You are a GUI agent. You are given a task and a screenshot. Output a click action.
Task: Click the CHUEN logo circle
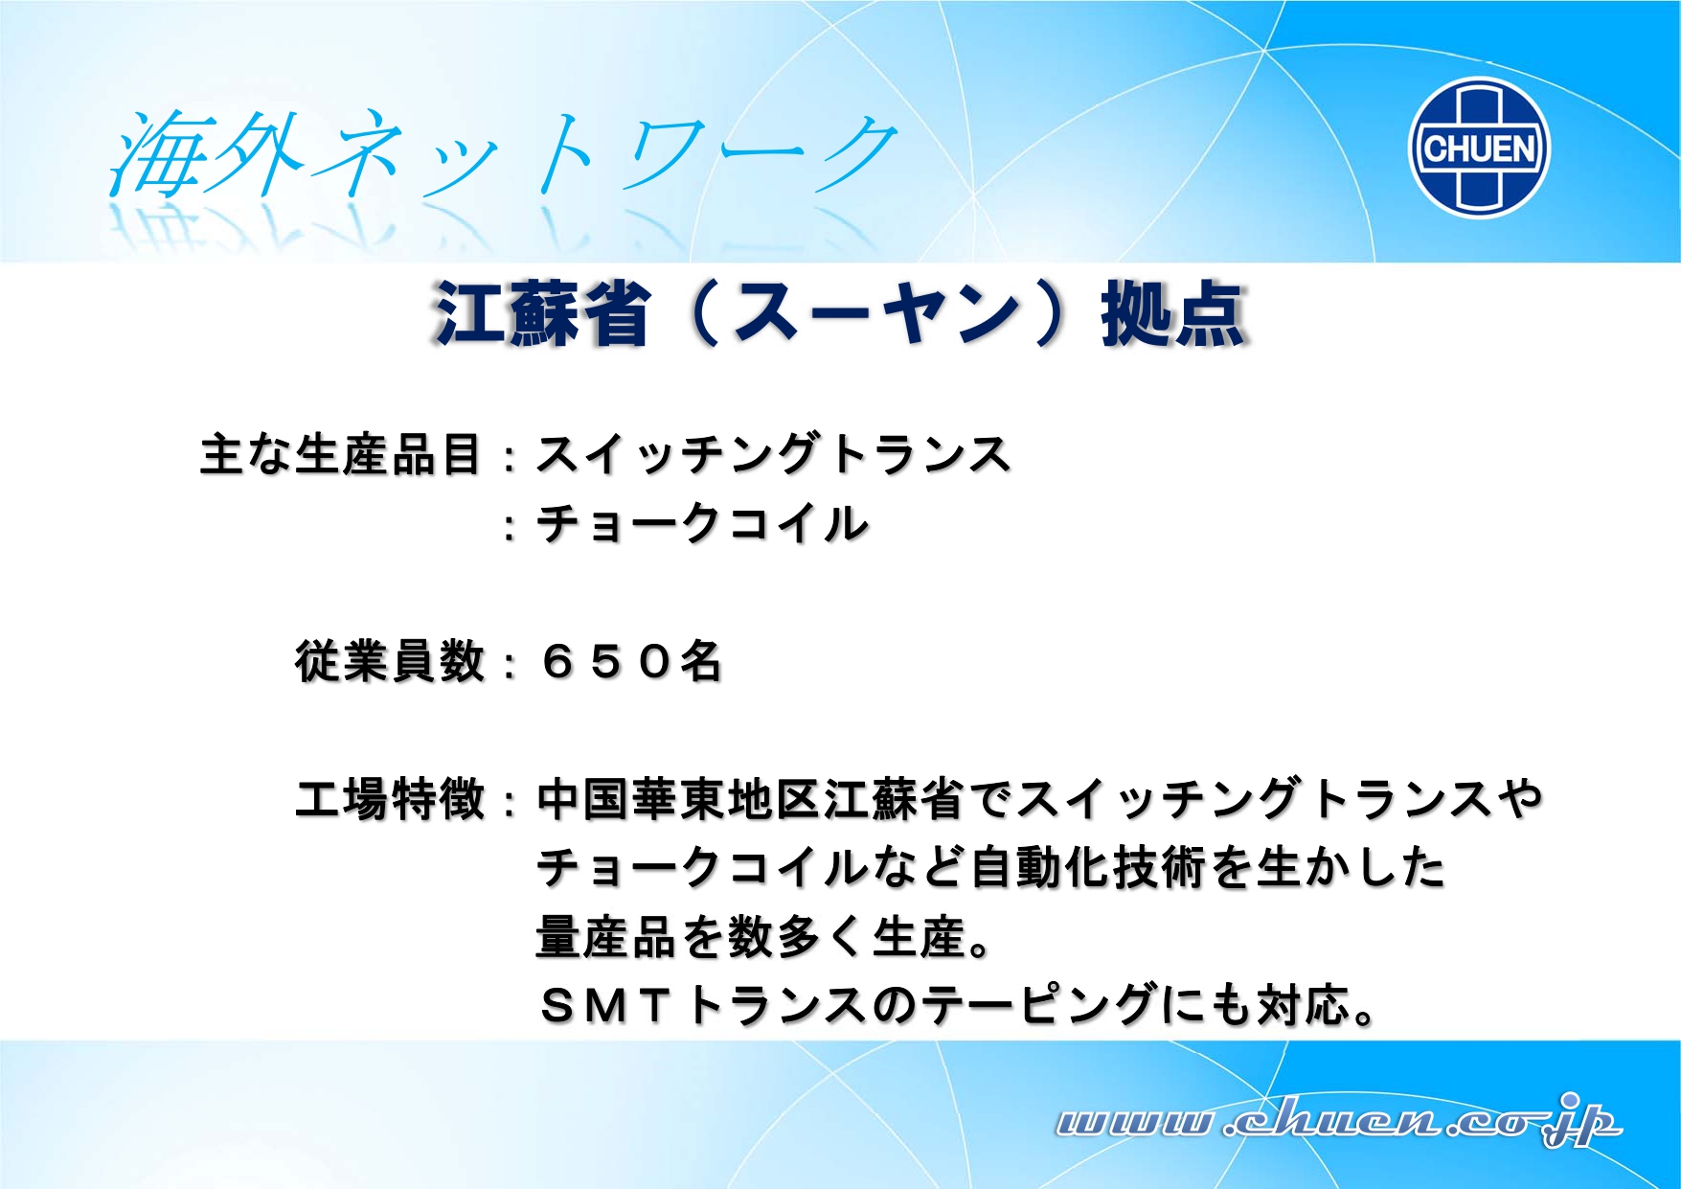coord(1479,148)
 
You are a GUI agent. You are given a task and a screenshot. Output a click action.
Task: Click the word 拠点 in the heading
coord(1174,313)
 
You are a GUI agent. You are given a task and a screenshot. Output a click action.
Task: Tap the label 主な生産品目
coord(340,454)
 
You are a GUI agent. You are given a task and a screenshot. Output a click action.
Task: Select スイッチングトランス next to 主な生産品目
coord(774,454)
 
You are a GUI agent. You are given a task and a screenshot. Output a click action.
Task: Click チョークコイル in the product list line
coord(702,523)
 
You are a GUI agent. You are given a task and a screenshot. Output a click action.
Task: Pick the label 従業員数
coord(390,661)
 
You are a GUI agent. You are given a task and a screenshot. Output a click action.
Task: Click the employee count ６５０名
coord(631,661)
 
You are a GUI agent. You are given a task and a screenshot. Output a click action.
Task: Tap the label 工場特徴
coord(390,799)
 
